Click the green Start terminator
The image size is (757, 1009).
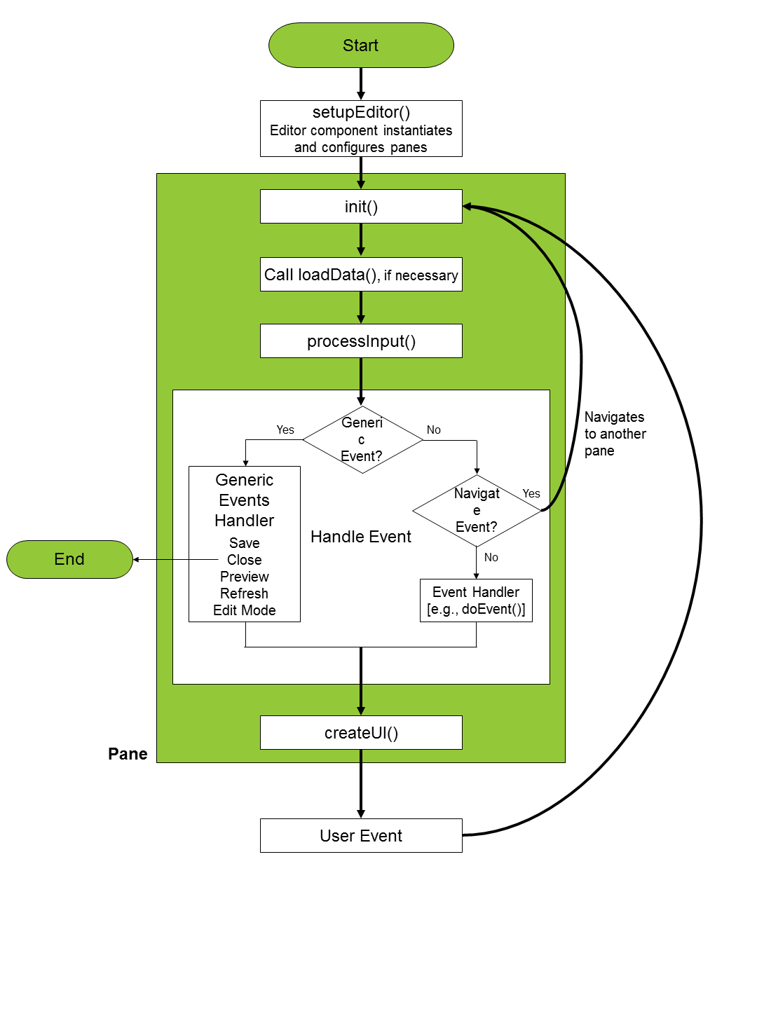click(x=361, y=46)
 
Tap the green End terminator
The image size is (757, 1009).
click(x=69, y=559)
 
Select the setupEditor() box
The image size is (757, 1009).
click(x=361, y=129)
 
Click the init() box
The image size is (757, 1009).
click(x=361, y=207)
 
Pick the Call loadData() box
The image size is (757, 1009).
click(x=361, y=275)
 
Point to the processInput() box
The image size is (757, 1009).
click(x=361, y=341)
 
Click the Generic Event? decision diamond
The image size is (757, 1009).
click(x=362, y=440)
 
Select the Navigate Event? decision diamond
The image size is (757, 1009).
click(x=477, y=511)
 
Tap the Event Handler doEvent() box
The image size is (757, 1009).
click(x=476, y=600)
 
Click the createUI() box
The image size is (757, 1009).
click(x=361, y=733)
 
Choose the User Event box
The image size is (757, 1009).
click(x=361, y=836)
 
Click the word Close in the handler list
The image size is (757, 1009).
click(x=245, y=560)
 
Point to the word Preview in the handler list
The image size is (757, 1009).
click(x=245, y=577)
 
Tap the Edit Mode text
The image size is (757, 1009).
click(x=245, y=610)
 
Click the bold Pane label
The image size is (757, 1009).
click(x=128, y=754)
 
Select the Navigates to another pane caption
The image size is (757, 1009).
click(x=615, y=434)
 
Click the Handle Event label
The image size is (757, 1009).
click(x=361, y=537)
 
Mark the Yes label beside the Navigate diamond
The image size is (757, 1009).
click(x=531, y=493)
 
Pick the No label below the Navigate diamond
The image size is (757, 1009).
click(x=491, y=558)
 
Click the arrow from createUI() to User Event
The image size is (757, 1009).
click(x=361, y=783)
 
